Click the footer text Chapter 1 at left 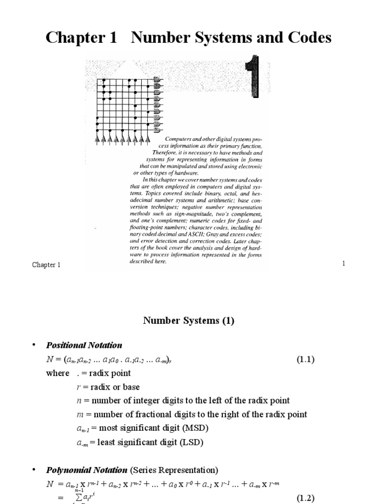[46, 265]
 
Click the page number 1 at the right [344, 264]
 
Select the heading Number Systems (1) [189, 321]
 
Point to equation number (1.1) [305, 359]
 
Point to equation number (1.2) [305, 498]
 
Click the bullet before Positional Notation [34, 345]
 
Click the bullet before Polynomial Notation [34, 470]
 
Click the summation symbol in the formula [77, 496]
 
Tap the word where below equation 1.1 [58, 373]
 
